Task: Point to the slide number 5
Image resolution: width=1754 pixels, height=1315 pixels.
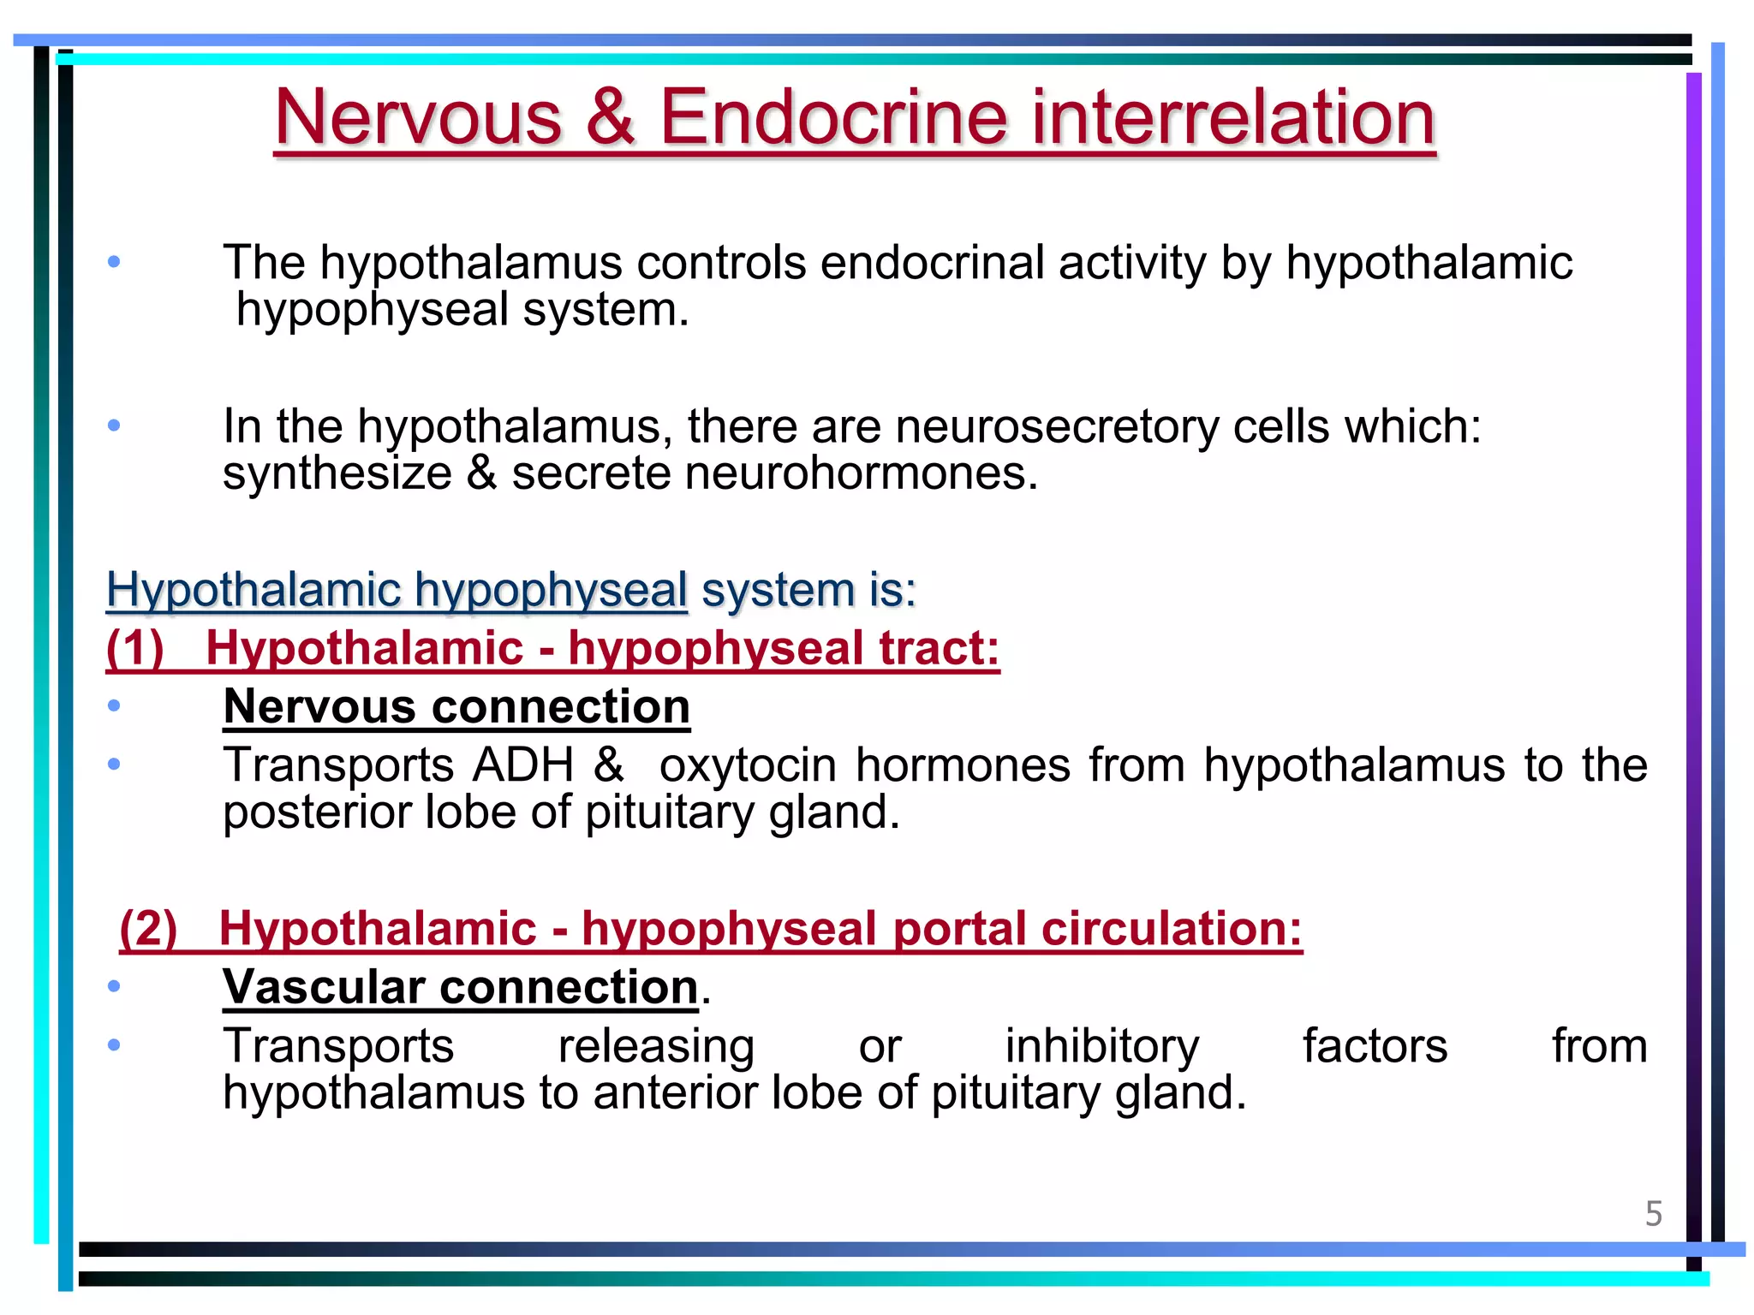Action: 1653,1214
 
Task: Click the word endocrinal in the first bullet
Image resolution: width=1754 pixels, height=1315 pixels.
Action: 932,262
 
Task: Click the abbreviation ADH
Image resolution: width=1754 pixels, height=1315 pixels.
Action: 523,765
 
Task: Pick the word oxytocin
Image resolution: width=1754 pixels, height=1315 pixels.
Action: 748,765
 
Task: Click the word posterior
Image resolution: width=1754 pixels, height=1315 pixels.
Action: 317,812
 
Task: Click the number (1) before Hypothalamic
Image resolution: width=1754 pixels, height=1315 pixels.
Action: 134,647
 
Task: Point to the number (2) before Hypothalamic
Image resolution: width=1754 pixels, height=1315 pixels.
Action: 148,928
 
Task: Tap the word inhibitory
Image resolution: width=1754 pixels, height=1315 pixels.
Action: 1102,1046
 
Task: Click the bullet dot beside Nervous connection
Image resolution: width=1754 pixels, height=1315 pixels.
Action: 114,706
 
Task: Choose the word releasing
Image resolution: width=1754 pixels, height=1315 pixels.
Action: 656,1046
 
